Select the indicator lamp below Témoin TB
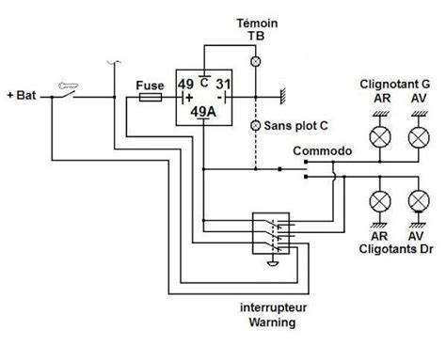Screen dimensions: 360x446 [252, 60]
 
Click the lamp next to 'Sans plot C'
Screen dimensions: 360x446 [252, 125]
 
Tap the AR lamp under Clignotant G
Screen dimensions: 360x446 [380, 137]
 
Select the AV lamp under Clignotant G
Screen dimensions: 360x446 [417, 137]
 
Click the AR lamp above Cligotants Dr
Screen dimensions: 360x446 [380, 202]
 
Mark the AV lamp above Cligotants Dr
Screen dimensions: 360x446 [417, 202]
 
